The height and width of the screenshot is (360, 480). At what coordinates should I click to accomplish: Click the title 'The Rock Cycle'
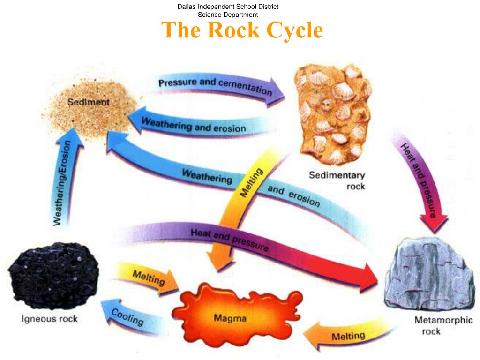pyautogui.click(x=242, y=30)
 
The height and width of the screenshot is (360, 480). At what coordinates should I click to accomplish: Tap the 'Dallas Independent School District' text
pyautogui.click(x=228, y=7)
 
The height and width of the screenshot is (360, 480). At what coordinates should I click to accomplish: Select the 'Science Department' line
pyautogui.click(x=228, y=15)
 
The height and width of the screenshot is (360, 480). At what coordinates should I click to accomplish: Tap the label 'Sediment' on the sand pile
pyautogui.click(x=89, y=102)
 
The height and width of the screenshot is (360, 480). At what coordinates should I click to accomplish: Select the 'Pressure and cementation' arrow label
pyautogui.click(x=215, y=86)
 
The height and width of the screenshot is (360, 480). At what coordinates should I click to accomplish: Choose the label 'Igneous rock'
pyautogui.click(x=50, y=319)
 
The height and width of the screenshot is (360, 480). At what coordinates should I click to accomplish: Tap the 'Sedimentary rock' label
pyautogui.click(x=337, y=180)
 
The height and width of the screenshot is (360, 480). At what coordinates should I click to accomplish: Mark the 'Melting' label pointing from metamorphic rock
pyautogui.click(x=348, y=336)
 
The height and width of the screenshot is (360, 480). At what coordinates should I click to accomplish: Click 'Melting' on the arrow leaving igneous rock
pyautogui.click(x=149, y=277)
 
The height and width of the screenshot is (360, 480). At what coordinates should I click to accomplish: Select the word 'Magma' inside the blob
pyautogui.click(x=230, y=319)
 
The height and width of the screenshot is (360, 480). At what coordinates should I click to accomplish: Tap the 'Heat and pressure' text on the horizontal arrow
pyautogui.click(x=229, y=240)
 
